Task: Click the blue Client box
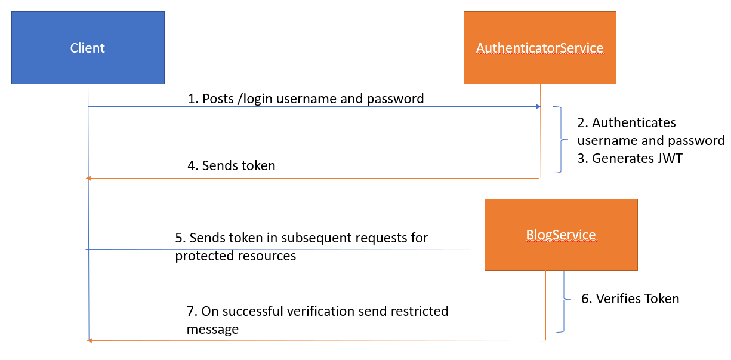88,48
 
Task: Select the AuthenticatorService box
540,48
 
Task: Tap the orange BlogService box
561,235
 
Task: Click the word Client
88,48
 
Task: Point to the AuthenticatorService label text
540,48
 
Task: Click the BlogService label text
561,235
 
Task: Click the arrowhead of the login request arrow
538,106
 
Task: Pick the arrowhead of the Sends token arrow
88,178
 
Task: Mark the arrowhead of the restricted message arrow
90,340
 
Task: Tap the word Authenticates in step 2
634,123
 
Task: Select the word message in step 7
212,330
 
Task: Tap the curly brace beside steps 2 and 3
562,140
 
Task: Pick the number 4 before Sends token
192,166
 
